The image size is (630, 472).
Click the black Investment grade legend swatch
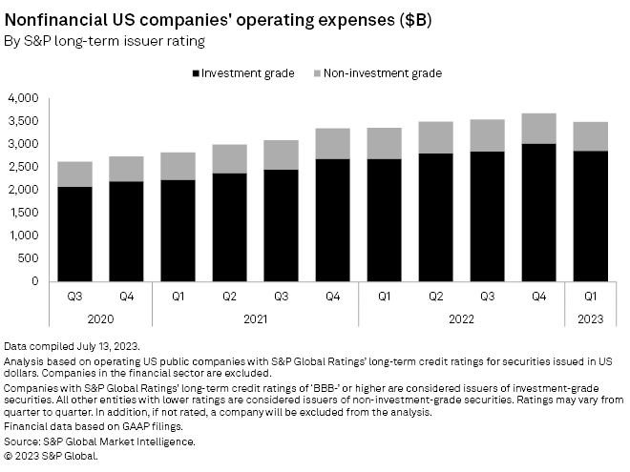(x=197, y=73)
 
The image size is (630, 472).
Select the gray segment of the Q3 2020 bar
(x=74, y=174)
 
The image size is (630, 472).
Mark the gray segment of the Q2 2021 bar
(x=228, y=158)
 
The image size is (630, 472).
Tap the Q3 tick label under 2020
(x=74, y=297)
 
